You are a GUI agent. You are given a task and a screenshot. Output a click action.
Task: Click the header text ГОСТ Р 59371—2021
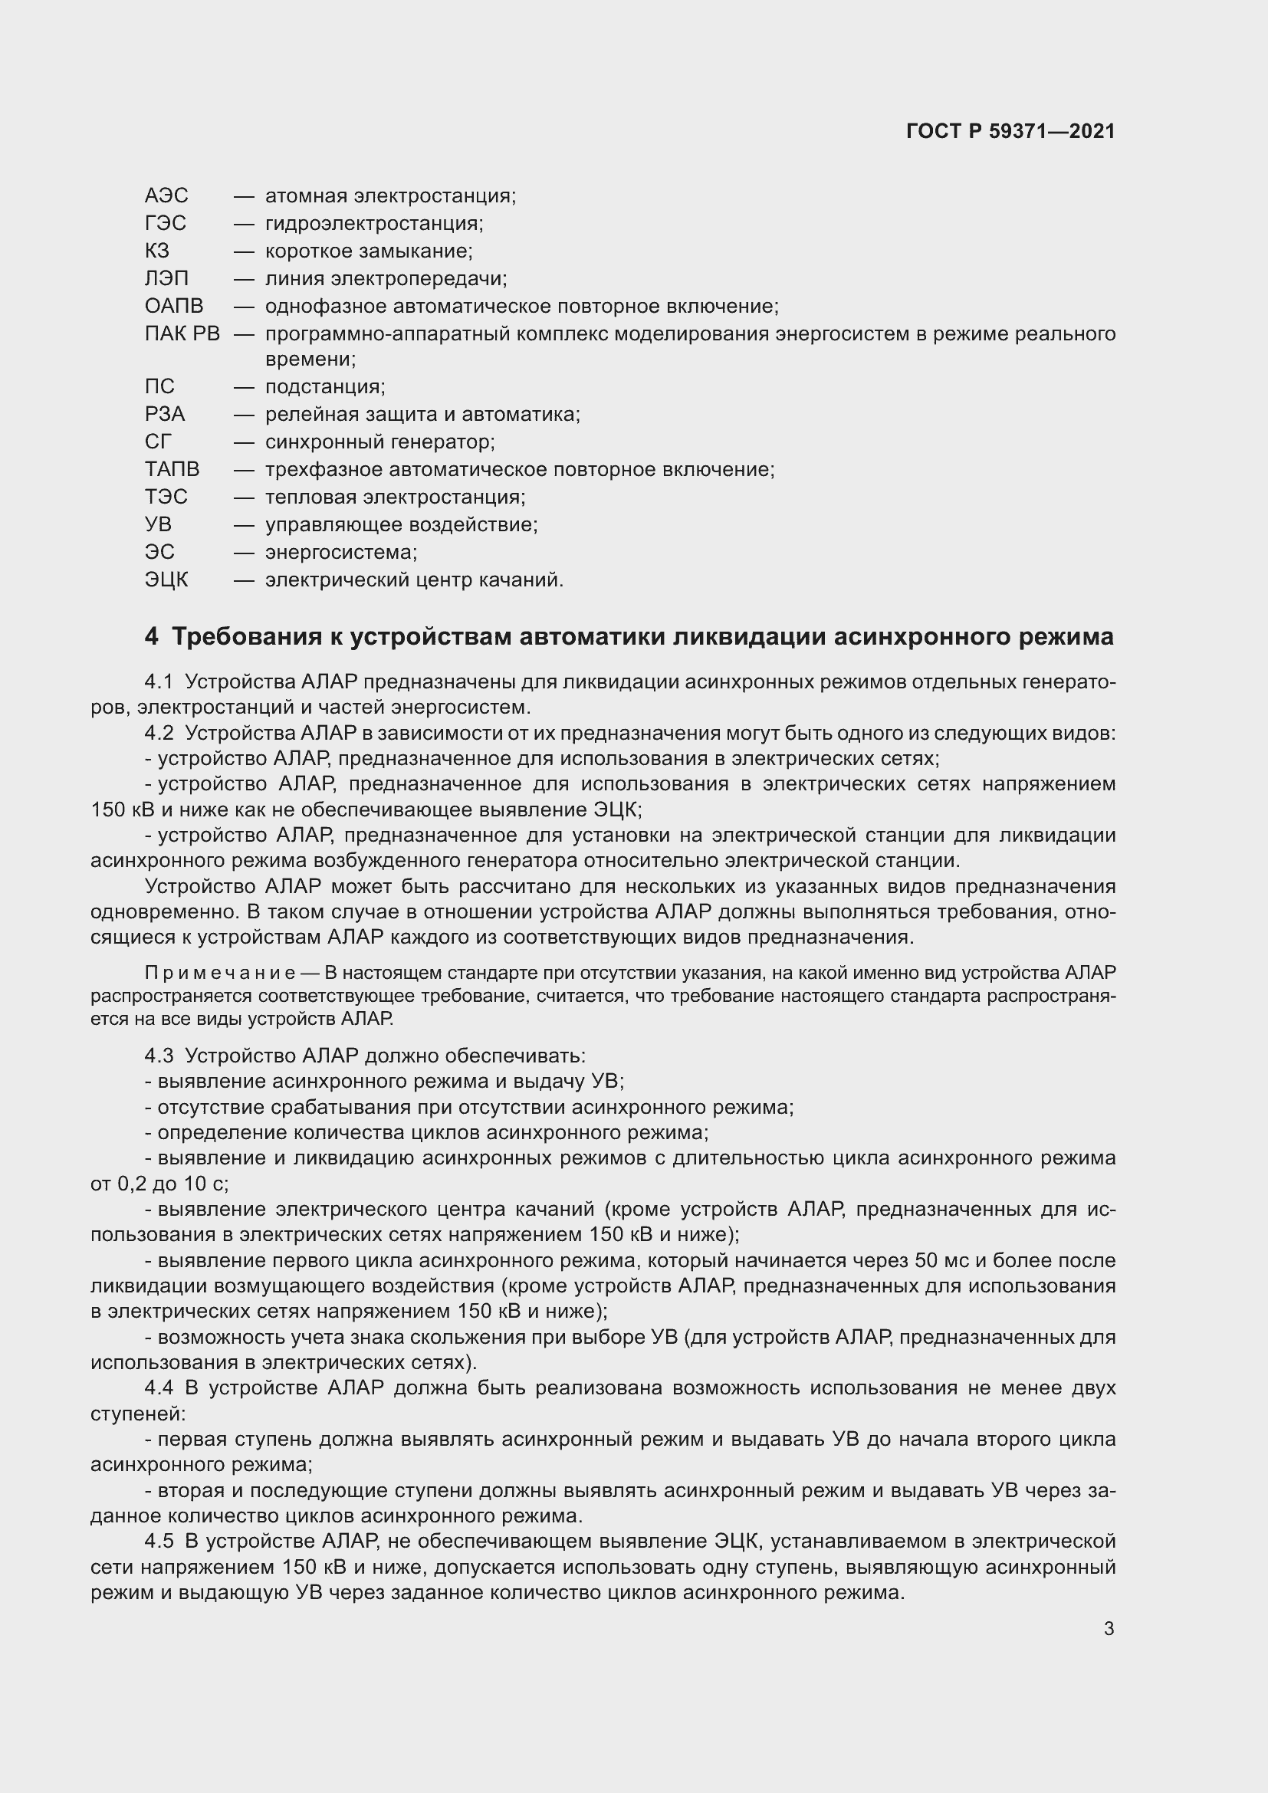tap(1010, 131)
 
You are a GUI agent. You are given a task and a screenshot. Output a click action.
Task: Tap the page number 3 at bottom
tap(1109, 1628)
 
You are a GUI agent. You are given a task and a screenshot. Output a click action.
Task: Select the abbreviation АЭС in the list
tap(166, 195)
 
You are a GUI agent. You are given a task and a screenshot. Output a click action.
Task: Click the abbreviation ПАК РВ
tap(182, 333)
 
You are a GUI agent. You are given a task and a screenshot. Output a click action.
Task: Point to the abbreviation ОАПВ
tap(173, 306)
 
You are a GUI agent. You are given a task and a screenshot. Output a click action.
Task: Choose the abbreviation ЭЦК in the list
tap(166, 580)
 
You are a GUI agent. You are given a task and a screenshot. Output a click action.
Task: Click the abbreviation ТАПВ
tap(172, 469)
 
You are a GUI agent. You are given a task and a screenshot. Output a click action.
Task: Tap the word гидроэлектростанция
tap(374, 223)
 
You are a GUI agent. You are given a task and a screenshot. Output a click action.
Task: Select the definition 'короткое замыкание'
tap(369, 251)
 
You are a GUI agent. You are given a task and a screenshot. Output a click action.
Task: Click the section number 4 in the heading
tap(152, 636)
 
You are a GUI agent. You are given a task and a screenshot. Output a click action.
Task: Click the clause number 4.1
tap(159, 681)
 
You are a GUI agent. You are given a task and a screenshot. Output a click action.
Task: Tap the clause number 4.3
tap(159, 1056)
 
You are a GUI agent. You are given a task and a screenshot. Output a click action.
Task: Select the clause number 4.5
tap(159, 1542)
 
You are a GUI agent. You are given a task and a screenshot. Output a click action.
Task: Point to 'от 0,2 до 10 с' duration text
tap(159, 1184)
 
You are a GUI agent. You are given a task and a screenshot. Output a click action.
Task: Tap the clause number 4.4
tap(159, 1387)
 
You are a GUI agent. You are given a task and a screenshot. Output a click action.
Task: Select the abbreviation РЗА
tap(165, 414)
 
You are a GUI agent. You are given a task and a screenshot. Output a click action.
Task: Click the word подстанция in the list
tap(325, 386)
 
